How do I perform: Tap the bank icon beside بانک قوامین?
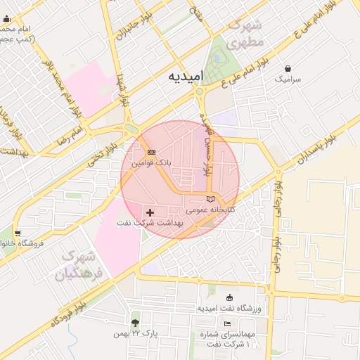point(150,152)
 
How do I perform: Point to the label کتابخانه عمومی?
point(214,210)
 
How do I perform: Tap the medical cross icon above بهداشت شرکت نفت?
point(150,212)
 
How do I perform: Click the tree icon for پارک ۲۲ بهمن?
point(135,323)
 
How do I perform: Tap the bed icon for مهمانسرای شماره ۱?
point(226,323)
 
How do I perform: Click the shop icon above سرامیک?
point(288,69)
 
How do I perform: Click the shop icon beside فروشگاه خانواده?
point(17,233)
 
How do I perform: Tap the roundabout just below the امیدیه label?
point(200,91)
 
